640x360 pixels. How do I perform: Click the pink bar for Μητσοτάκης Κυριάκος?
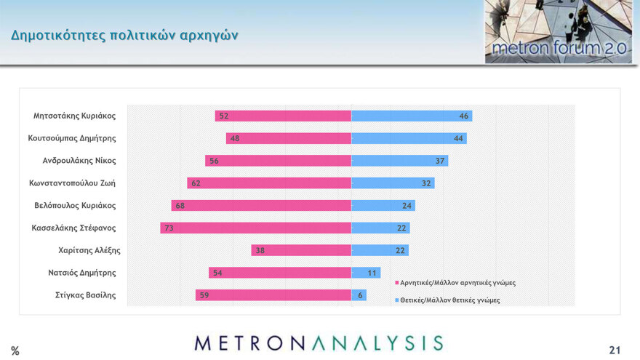click(x=283, y=116)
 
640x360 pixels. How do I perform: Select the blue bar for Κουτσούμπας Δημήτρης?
click(x=409, y=138)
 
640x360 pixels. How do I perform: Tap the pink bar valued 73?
click(x=255, y=228)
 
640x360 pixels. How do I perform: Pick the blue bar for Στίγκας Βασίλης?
click(x=359, y=295)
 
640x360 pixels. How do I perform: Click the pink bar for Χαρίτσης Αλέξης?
click(x=301, y=250)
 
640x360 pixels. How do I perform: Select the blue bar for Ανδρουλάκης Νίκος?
click(x=399, y=161)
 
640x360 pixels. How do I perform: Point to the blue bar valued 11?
click(x=366, y=273)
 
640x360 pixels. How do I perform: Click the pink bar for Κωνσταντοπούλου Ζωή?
click(x=269, y=183)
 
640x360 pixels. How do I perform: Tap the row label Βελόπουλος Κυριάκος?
click(x=75, y=205)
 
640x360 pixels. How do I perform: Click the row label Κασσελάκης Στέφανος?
click(x=73, y=228)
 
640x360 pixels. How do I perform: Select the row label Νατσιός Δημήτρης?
click(x=81, y=273)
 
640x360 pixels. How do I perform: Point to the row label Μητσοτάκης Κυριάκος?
click(x=74, y=116)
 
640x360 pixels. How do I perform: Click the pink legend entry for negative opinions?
click(x=457, y=282)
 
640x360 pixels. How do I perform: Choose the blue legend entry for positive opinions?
click(x=449, y=300)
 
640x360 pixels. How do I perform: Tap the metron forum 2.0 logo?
click(x=548, y=32)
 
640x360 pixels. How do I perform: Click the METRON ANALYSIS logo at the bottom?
click(x=319, y=343)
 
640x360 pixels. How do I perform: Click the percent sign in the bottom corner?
click(x=15, y=351)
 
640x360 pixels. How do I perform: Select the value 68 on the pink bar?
click(x=180, y=206)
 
